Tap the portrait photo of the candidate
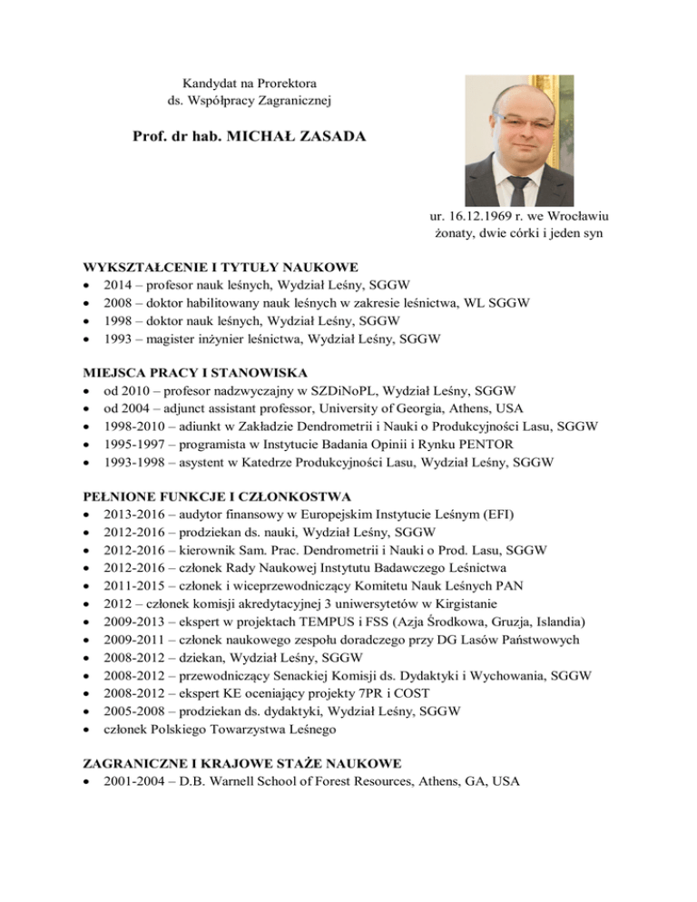pos(519,139)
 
